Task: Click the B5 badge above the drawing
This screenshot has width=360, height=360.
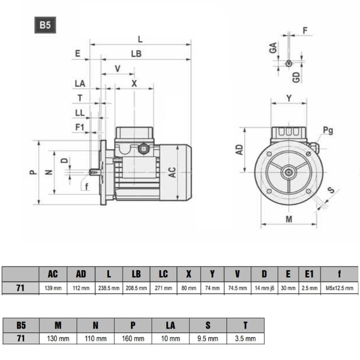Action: click(45, 26)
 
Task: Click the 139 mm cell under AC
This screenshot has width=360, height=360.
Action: click(53, 288)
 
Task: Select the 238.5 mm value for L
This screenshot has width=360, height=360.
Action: click(109, 288)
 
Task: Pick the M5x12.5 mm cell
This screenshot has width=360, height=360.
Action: click(339, 288)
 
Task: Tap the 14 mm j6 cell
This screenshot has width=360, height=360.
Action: click(264, 288)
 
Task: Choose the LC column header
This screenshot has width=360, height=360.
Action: click(163, 274)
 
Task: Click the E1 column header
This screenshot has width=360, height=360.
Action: click(309, 274)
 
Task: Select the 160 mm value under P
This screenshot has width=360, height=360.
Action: click(133, 339)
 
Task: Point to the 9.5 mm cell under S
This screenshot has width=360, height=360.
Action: click(208, 339)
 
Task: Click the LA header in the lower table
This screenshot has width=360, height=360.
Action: click(170, 325)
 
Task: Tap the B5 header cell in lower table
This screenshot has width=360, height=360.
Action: click(21, 325)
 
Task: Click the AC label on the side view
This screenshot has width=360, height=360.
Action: click(172, 172)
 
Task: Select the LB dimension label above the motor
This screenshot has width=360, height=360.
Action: click(136, 53)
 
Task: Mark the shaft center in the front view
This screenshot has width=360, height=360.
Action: click(289, 172)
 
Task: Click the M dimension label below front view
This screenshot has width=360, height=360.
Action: click(289, 220)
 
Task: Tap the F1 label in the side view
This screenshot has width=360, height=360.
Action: click(80, 127)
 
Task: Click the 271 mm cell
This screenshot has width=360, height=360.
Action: click(163, 288)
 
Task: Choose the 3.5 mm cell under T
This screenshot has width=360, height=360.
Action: click(245, 339)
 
